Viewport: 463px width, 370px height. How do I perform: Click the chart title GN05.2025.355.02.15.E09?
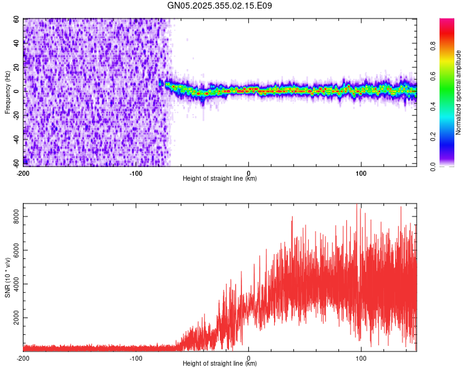[x=220, y=6]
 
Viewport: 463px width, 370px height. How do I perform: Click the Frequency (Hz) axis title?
[x=7, y=92]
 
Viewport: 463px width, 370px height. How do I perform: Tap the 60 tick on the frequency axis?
[x=16, y=19]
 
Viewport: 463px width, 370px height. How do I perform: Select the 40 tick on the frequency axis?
[x=16, y=43]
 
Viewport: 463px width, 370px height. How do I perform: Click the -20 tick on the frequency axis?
[x=15, y=115]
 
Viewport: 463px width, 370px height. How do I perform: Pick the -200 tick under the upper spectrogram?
[x=23, y=172]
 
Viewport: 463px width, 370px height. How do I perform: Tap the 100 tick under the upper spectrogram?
[x=362, y=172]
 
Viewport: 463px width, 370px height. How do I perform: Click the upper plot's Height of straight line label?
[x=220, y=179]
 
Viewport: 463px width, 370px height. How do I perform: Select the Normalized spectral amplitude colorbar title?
[x=459, y=92]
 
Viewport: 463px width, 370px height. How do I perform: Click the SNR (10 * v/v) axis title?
[x=7, y=277]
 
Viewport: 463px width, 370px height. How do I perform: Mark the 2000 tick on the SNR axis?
[x=12, y=318]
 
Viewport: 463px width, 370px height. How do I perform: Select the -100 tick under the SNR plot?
[x=136, y=358]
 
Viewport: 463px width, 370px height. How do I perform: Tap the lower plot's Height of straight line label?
[x=220, y=364]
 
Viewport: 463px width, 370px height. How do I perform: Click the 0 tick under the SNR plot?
[x=249, y=358]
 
